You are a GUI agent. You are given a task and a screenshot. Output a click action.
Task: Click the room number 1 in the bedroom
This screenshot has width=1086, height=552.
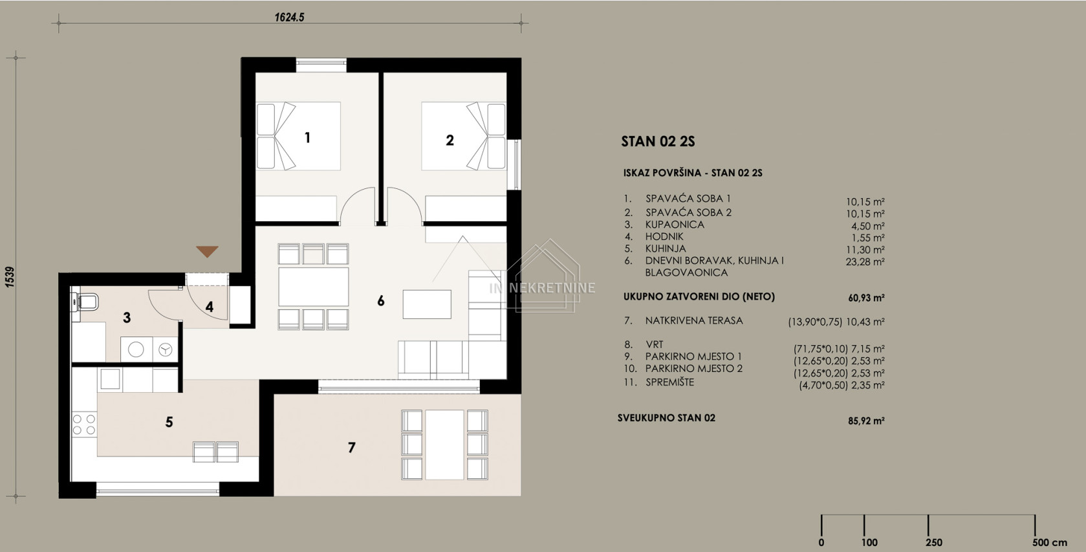tap(307, 138)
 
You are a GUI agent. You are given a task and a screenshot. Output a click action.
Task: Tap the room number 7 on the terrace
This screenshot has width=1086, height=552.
tap(351, 447)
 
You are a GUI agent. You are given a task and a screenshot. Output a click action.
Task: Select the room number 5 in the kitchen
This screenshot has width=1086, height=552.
tap(169, 422)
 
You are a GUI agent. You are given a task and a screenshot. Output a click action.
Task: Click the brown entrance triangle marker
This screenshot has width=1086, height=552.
tap(207, 252)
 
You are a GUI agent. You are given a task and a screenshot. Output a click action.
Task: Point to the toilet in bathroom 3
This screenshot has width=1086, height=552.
tap(85, 302)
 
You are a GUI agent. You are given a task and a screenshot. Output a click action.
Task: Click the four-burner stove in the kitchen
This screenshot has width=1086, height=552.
tap(84, 423)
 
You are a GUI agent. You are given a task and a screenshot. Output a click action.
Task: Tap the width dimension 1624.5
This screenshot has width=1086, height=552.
tap(289, 17)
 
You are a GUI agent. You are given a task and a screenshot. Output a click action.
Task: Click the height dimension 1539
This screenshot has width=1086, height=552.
tap(10, 277)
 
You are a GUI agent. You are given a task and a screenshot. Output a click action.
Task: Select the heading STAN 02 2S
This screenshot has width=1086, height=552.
tap(658, 142)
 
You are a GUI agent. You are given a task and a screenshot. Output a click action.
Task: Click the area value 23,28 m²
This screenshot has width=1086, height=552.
tap(865, 262)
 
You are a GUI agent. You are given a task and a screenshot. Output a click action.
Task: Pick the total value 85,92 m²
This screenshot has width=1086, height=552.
tap(866, 421)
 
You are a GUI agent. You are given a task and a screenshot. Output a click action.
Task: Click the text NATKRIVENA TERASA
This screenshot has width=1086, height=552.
tap(694, 320)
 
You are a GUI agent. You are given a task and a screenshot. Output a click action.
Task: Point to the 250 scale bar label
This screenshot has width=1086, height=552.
tap(934, 542)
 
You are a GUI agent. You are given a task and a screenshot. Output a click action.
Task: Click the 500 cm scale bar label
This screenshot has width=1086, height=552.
tap(1050, 542)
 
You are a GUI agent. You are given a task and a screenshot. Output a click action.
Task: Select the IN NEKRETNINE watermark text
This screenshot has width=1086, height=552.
tap(542, 288)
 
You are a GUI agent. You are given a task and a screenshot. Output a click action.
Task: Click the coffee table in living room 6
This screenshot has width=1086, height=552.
tap(427, 304)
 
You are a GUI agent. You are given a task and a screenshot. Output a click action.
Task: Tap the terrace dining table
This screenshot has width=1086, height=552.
tap(444, 445)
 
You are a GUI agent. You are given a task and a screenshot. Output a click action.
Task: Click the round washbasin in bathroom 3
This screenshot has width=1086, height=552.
tap(136, 349)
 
